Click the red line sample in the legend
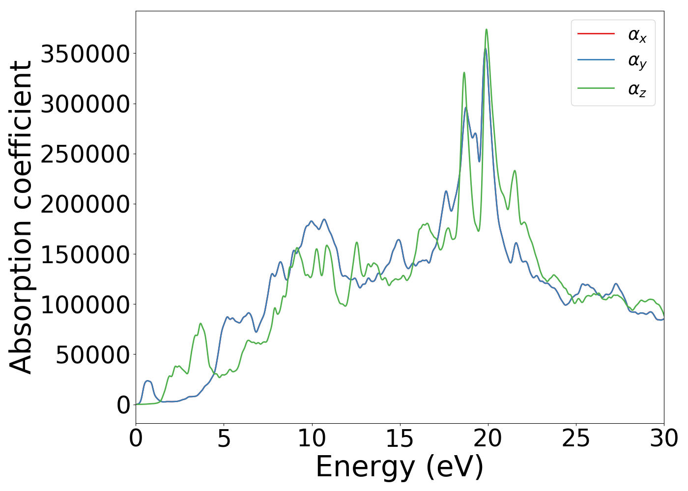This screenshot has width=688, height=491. (596, 33)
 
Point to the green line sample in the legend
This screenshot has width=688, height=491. (596, 88)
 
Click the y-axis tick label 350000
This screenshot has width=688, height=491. (85, 54)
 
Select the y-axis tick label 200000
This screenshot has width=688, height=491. (85, 204)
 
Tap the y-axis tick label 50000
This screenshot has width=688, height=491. (92, 355)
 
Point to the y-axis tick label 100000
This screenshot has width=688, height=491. (85, 304)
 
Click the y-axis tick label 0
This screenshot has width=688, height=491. (123, 405)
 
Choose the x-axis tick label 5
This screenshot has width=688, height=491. (224, 438)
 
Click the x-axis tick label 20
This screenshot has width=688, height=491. (488, 438)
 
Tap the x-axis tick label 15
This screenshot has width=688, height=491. (400, 438)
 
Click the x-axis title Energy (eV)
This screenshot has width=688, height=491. (400, 466)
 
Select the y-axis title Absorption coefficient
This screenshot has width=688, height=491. (21, 217)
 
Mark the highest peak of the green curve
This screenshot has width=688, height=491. (487, 29)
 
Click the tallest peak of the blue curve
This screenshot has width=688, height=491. (485, 49)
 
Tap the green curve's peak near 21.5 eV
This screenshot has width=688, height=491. (515, 171)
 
